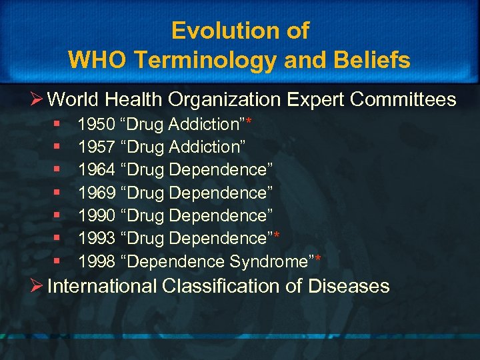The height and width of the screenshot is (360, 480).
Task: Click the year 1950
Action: coord(96,124)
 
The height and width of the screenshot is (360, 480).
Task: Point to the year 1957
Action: coord(96,147)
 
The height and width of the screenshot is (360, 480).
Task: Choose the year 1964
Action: coord(96,170)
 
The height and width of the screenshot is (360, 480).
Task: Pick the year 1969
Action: coord(96,193)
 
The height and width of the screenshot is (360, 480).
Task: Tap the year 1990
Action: coord(96,215)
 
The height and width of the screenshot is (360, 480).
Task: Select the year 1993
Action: coord(96,239)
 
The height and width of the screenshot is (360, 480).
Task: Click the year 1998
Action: coord(96,261)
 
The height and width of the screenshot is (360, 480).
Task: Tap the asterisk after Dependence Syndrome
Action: coord(318,259)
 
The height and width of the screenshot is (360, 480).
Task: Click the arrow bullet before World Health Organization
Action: coord(36,100)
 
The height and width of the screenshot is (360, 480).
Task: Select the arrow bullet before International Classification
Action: coord(36,287)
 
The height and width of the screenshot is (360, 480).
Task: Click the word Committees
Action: coord(403,100)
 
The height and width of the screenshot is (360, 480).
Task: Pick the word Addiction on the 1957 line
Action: coord(205,147)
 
